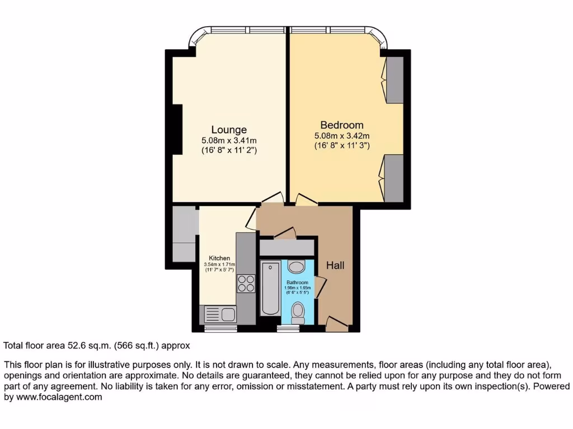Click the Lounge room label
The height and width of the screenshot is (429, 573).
click(x=229, y=130)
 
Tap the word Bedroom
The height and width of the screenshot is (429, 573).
click(x=341, y=125)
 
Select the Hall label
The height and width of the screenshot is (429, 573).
click(x=335, y=266)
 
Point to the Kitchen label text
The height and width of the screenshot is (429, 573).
click(x=220, y=258)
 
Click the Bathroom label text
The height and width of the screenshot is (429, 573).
click(x=298, y=283)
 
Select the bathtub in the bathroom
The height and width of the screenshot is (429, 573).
click(x=270, y=288)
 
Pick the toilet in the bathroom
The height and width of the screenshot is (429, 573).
click(x=298, y=312)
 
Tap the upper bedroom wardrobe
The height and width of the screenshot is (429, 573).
click(x=394, y=79)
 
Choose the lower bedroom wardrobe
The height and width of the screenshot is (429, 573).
click(x=394, y=178)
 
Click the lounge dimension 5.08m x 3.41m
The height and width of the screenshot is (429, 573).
click(x=229, y=141)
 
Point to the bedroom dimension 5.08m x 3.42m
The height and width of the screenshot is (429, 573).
click(x=341, y=136)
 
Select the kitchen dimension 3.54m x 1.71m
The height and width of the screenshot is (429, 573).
click(x=220, y=265)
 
